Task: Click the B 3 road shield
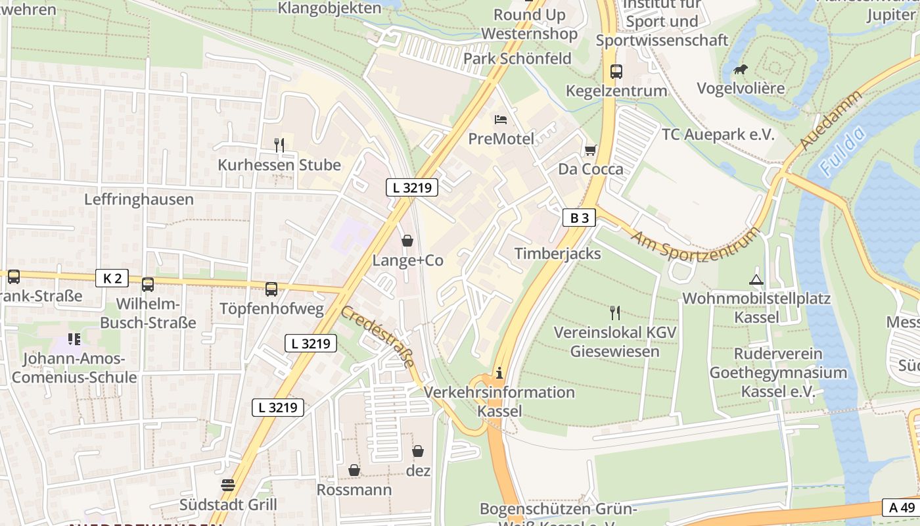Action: (579, 218)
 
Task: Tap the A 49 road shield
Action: (902, 507)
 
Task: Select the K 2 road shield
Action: (112, 278)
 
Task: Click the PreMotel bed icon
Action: (501, 120)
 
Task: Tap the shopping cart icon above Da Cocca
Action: (590, 151)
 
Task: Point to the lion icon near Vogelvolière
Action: (741, 70)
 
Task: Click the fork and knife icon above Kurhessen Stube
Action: (279, 145)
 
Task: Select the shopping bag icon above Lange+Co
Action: (407, 241)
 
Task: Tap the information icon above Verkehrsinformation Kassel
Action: (499, 373)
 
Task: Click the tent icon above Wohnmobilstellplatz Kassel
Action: (756, 279)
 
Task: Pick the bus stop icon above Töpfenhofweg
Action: (271, 289)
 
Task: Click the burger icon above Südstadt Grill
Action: (228, 485)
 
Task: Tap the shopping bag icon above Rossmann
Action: (354, 470)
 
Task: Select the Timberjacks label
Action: (557, 254)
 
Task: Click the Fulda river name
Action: (842, 153)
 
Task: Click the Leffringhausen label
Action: (139, 199)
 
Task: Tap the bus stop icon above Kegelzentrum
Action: (616, 71)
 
